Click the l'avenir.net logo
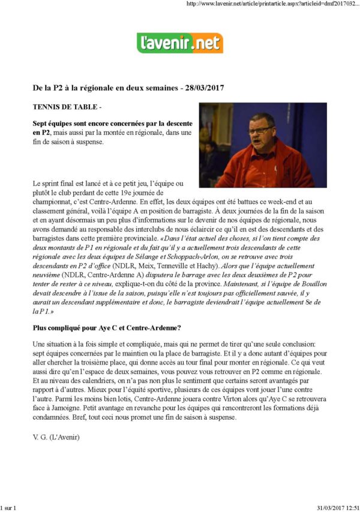pyautogui.click(x=180, y=43)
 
